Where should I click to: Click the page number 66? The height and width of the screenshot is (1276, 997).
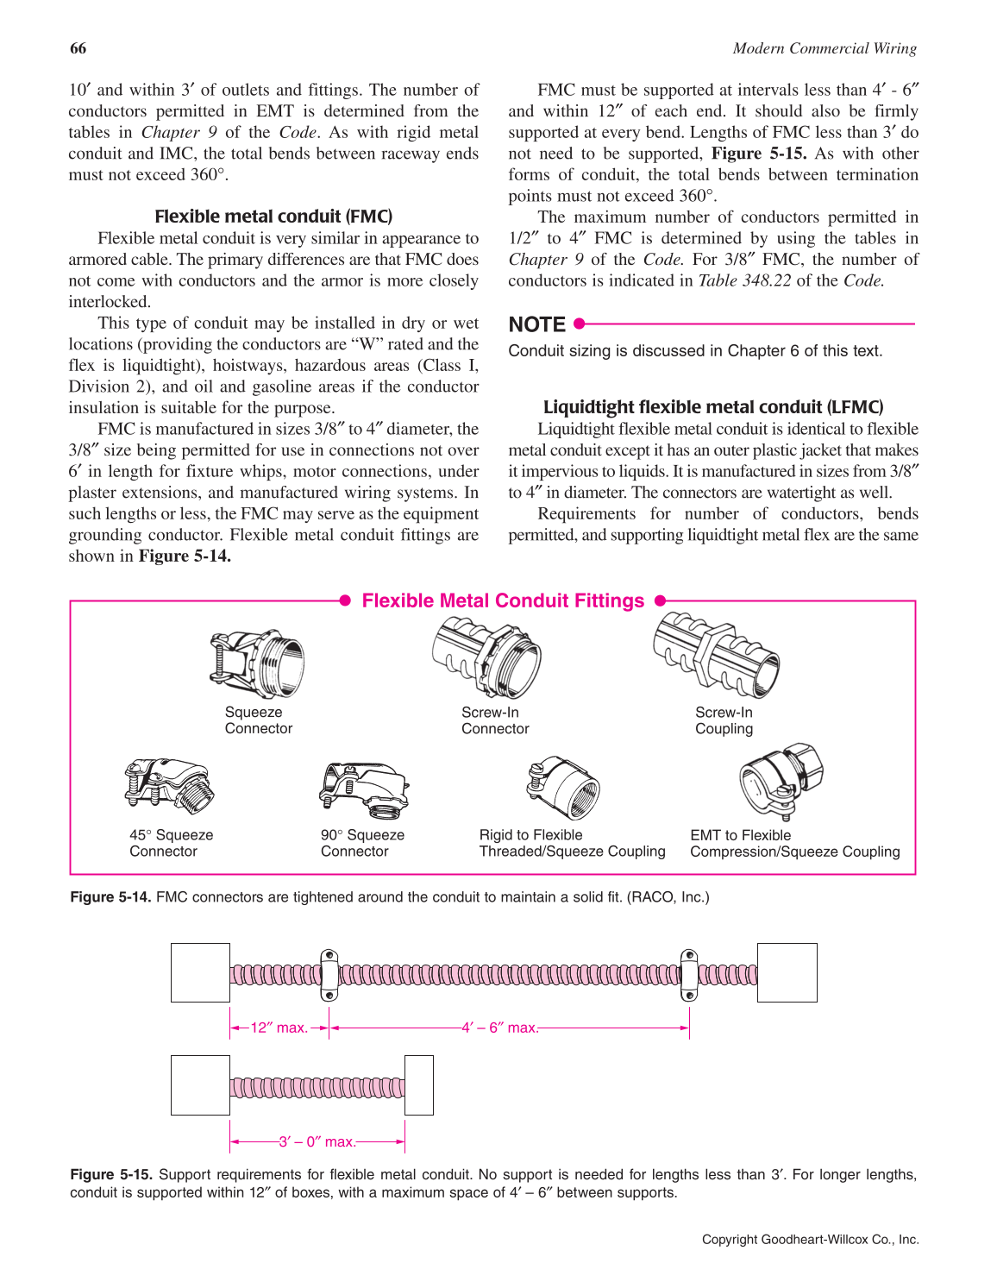(78, 48)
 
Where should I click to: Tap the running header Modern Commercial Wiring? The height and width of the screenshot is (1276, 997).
(825, 48)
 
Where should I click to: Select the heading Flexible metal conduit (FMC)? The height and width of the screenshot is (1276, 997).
(273, 217)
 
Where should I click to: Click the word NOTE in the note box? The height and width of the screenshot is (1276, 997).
(536, 324)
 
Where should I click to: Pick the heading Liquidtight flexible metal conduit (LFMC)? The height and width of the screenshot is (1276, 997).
(713, 407)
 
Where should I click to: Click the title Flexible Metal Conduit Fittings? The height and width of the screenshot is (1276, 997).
(503, 601)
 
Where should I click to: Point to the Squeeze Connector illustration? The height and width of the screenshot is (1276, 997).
(257, 663)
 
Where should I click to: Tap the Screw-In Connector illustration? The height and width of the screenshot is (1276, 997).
(486, 656)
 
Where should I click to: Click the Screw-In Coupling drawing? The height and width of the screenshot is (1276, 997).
(717, 654)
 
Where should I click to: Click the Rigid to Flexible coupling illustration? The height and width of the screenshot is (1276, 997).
(564, 787)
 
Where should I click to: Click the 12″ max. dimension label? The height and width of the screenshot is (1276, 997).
(279, 1028)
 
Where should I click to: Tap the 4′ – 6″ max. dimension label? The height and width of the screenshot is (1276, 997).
(500, 1028)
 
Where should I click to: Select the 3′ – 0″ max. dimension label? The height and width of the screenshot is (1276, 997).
(317, 1141)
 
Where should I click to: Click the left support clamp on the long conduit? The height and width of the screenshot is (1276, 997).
(329, 975)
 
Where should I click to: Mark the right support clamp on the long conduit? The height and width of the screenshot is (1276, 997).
(689, 975)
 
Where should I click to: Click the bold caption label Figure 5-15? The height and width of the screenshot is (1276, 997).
(111, 1174)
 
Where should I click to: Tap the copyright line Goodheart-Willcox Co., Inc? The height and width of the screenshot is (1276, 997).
(810, 1239)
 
